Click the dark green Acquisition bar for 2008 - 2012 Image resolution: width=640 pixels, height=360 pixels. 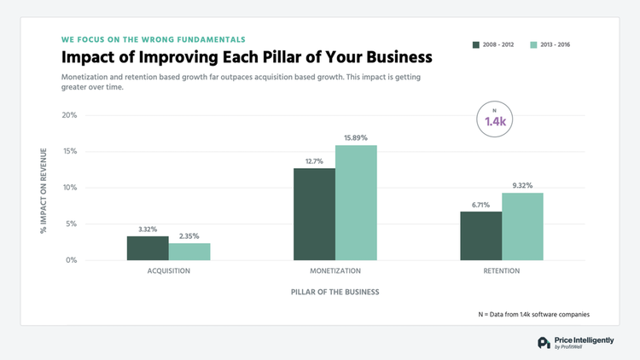click(148, 248)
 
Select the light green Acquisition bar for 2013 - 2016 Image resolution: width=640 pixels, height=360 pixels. click(189, 252)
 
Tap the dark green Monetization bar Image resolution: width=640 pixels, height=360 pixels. click(314, 214)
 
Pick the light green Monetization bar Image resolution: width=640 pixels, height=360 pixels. click(356, 203)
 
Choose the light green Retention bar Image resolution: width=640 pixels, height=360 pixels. click(522, 227)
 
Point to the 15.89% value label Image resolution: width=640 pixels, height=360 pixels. click(356, 138)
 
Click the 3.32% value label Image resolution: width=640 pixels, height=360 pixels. click(148, 229)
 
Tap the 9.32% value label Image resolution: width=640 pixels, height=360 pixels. click(522, 186)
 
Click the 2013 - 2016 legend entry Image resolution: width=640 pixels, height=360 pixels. click(548, 44)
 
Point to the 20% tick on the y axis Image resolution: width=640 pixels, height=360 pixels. click(69, 115)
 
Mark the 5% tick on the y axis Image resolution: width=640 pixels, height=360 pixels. click(72, 224)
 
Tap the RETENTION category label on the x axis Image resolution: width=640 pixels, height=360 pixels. click(502, 270)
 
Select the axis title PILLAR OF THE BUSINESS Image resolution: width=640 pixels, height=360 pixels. click(334, 292)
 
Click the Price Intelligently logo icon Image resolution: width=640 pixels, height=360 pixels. click(544, 343)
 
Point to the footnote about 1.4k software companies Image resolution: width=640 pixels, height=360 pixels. click(533, 315)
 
